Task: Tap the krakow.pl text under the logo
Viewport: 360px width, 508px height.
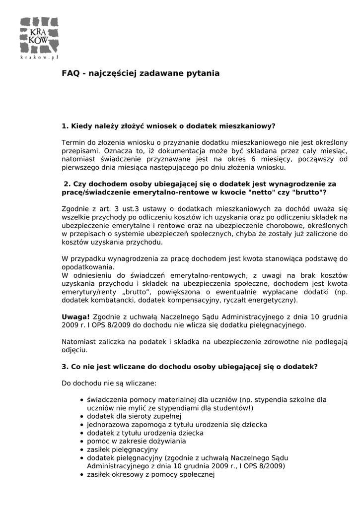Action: pos(39,58)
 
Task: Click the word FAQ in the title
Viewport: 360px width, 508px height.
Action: pos(70,73)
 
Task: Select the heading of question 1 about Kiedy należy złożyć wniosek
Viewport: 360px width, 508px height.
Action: pos(168,126)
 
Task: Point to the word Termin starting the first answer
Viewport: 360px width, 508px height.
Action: pos(73,142)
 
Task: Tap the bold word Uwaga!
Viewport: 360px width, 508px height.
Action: pos(75,317)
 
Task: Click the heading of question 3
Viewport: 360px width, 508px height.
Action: pos(190,367)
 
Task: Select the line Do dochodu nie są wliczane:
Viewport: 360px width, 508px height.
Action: pos(109,383)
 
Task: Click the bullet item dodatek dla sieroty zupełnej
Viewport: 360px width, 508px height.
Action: pos(134,416)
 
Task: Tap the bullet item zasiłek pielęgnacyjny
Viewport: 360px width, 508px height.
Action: pos(122,449)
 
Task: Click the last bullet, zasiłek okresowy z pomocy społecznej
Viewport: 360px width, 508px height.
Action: pos(150,474)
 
